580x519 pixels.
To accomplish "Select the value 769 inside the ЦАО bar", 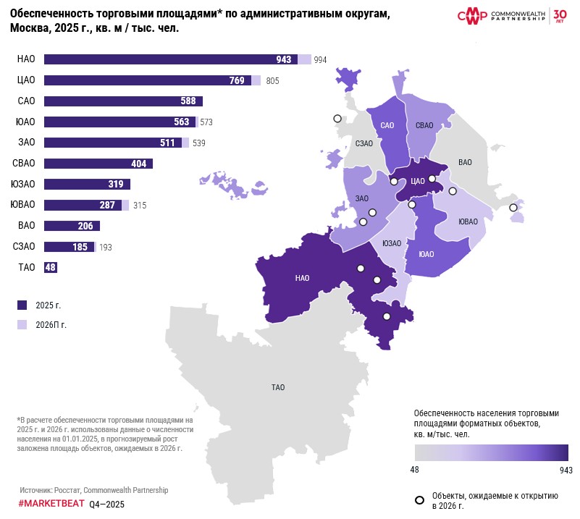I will [x=237, y=80].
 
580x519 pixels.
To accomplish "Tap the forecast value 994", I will [x=321, y=60].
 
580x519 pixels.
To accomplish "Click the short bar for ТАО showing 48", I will [x=51, y=267].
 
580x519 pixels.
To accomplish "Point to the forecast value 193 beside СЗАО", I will [x=105, y=247].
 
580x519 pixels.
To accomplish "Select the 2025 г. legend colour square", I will [x=22, y=305].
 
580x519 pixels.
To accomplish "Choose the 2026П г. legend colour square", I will [x=22, y=324].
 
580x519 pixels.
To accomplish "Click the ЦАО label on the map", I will [x=416, y=182].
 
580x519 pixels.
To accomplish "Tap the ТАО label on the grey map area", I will [x=278, y=387].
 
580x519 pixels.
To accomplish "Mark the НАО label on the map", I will [x=303, y=277].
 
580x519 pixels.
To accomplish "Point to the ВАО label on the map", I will [x=466, y=162].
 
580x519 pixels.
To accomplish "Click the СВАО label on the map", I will [x=424, y=126].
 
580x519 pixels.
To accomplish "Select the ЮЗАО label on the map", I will [x=391, y=243].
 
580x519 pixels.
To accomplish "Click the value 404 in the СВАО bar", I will [x=138, y=164].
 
